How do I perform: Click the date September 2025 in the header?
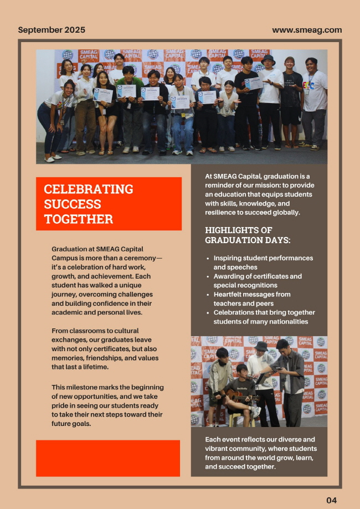pos(52,30)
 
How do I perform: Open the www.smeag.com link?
pos(307,30)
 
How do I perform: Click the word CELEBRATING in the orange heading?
pos(89,189)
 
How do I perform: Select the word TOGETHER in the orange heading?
pos(78,219)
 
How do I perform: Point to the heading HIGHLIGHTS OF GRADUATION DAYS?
pos(248,235)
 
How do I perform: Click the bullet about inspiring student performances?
pos(263,263)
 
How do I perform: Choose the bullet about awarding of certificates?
pos(258,280)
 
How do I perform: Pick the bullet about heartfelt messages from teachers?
pos(252,299)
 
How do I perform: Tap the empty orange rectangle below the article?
pos(108,458)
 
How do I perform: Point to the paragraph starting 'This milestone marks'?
pos(107,405)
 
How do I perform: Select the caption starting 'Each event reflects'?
pos(260,453)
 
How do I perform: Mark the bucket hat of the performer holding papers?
pos(261,346)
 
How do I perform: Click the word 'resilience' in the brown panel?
pos(224,212)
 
